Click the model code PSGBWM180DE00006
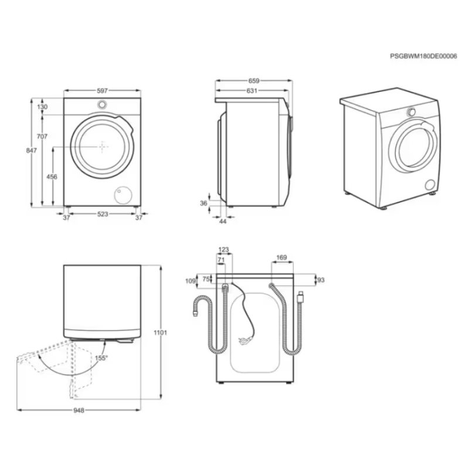[x=423, y=56]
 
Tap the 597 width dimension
[x=102, y=90]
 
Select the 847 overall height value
[x=32, y=151]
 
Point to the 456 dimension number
[x=52, y=177]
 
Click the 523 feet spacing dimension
[x=103, y=214]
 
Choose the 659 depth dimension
[x=254, y=81]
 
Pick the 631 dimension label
[x=252, y=91]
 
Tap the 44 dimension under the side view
[x=223, y=222]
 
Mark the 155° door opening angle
[x=101, y=358]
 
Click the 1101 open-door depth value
[x=160, y=332]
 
